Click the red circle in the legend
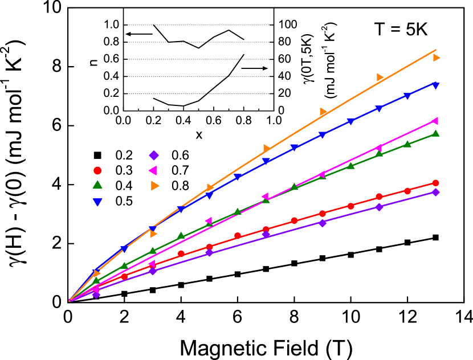click(97, 170)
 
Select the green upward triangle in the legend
click(97, 185)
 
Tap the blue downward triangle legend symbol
click(97, 202)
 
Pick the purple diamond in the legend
click(154, 155)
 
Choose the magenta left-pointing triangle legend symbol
click(153, 170)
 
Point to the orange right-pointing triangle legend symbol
click(154, 186)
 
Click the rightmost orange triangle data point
click(436, 58)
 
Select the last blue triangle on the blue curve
click(435, 85)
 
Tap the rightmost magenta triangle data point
click(435, 121)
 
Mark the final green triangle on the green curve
click(435, 134)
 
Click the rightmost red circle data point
click(435, 183)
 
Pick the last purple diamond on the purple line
click(435, 192)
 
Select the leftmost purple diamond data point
click(96, 294)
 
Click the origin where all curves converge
click(70, 300)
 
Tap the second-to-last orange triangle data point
click(380, 77)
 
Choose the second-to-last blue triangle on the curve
click(407, 96)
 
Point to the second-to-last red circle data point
click(407, 191)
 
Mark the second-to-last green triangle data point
click(407, 144)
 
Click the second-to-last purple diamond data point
click(379, 207)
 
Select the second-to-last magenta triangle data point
click(378, 148)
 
